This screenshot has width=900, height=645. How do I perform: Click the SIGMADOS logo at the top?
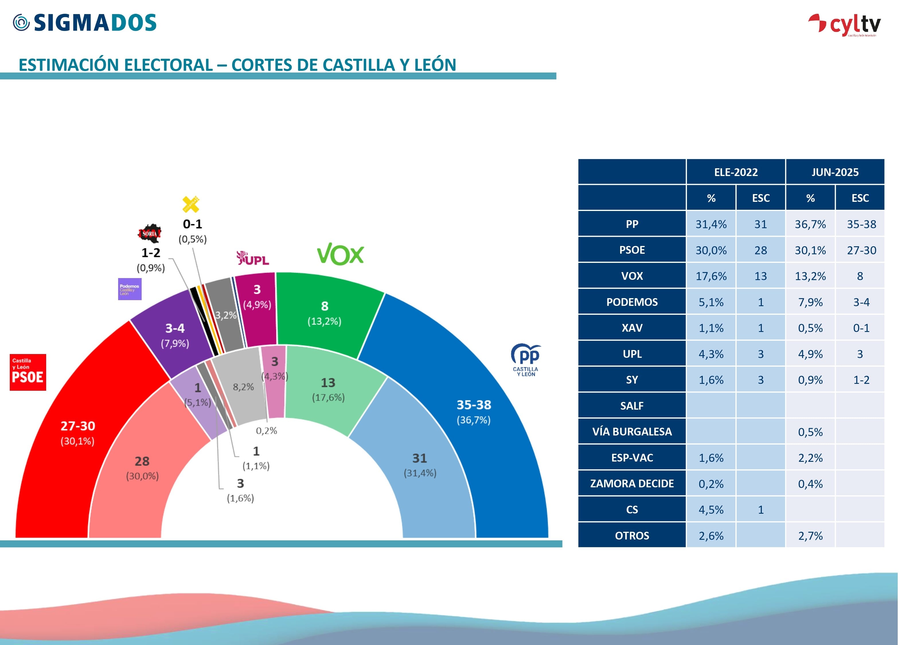(85, 23)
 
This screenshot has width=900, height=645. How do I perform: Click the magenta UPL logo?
(253, 258)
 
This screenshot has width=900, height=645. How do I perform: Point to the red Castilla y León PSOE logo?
(28, 372)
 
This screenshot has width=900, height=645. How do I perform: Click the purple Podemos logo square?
(130, 289)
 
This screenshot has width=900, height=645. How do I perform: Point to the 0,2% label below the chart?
(266, 431)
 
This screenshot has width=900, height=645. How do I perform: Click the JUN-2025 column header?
(835, 172)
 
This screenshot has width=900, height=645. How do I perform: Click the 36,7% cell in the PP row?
(810, 224)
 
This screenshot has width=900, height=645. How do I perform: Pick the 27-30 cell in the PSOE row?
(861, 250)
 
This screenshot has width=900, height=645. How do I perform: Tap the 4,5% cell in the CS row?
(711, 510)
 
